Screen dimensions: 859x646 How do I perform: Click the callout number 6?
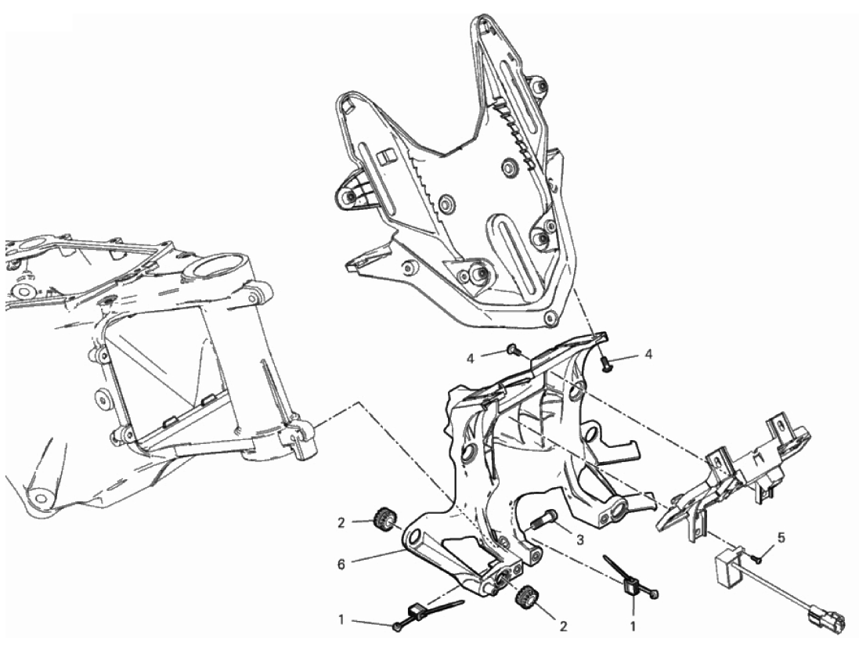pyautogui.click(x=341, y=564)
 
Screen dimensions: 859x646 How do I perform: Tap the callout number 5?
pyautogui.click(x=781, y=537)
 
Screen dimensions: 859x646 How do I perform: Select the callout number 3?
pyautogui.click(x=580, y=540)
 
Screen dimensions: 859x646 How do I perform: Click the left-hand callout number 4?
pyautogui.click(x=470, y=359)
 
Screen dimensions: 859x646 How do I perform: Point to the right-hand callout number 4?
pyautogui.click(x=648, y=355)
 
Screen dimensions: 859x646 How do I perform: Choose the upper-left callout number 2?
pyautogui.click(x=341, y=523)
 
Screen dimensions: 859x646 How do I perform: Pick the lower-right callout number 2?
pyautogui.click(x=563, y=626)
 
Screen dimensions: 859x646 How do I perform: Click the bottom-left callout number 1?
pyautogui.click(x=341, y=619)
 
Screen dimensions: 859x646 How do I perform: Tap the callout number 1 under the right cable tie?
pyautogui.click(x=633, y=626)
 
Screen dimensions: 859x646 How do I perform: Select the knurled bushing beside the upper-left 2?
pyautogui.click(x=386, y=518)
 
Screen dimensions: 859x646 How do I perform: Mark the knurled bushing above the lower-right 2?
pyautogui.click(x=527, y=596)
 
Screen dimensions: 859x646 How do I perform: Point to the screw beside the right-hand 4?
pyautogui.click(x=604, y=364)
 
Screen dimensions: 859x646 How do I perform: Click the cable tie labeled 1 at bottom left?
pyautogui.click(x=428, y=614)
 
